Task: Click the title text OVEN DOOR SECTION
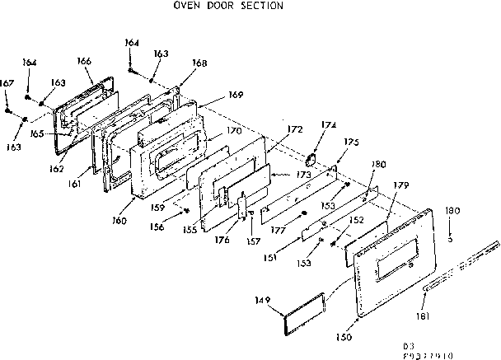[227, 6]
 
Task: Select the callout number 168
[177, 63]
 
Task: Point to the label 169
[236, 95]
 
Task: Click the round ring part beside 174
[313, 159]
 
